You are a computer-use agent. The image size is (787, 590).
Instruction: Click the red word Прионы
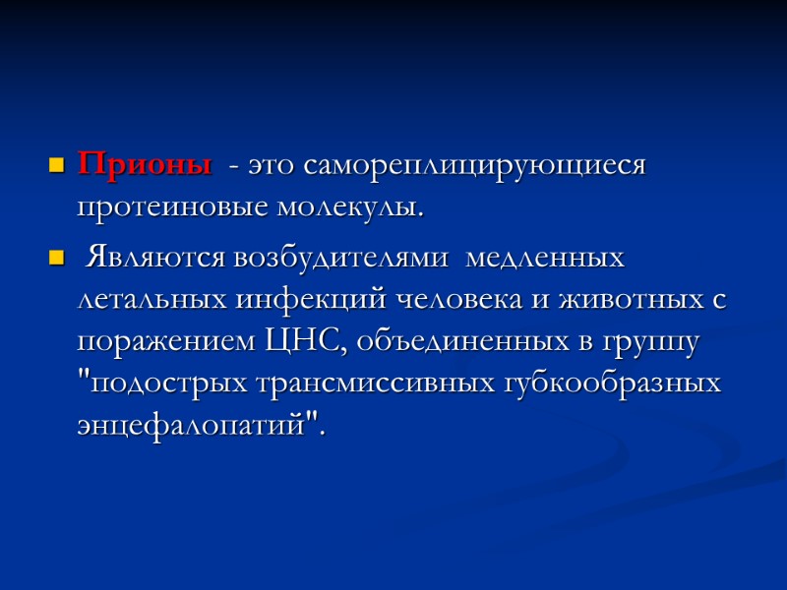(144, 164)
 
